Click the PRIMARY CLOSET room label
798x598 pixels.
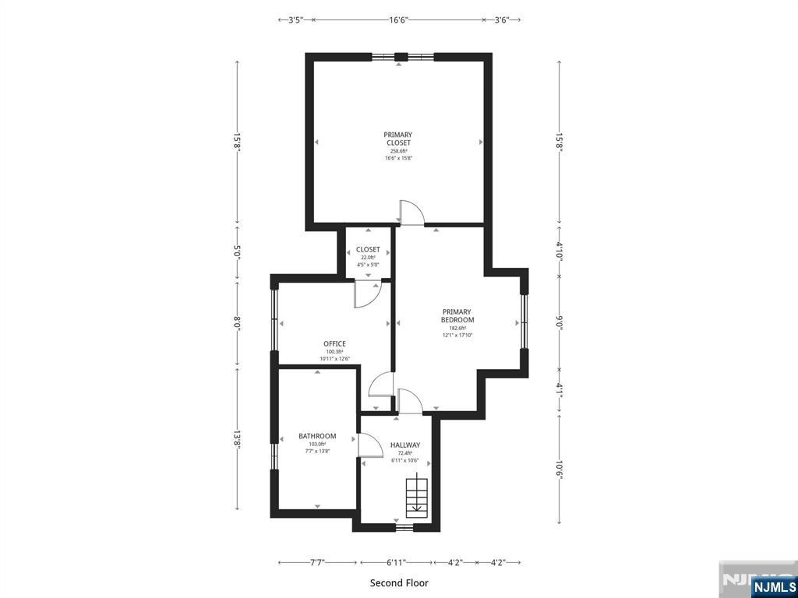398,139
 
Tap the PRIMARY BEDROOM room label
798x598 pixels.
457,316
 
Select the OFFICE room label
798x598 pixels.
334,343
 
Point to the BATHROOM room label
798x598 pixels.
317,436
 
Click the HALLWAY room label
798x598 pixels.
405,445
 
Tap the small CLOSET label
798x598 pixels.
368,249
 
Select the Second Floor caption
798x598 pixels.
399,582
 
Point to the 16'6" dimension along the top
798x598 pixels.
398,19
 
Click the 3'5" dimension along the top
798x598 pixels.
295,19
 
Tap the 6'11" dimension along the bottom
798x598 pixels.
395,562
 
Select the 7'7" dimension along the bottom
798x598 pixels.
317,562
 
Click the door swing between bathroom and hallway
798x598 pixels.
370,445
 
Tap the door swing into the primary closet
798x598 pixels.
411,212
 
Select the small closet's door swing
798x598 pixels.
367,294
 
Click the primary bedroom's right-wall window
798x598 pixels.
524,322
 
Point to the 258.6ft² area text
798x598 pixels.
398,151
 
